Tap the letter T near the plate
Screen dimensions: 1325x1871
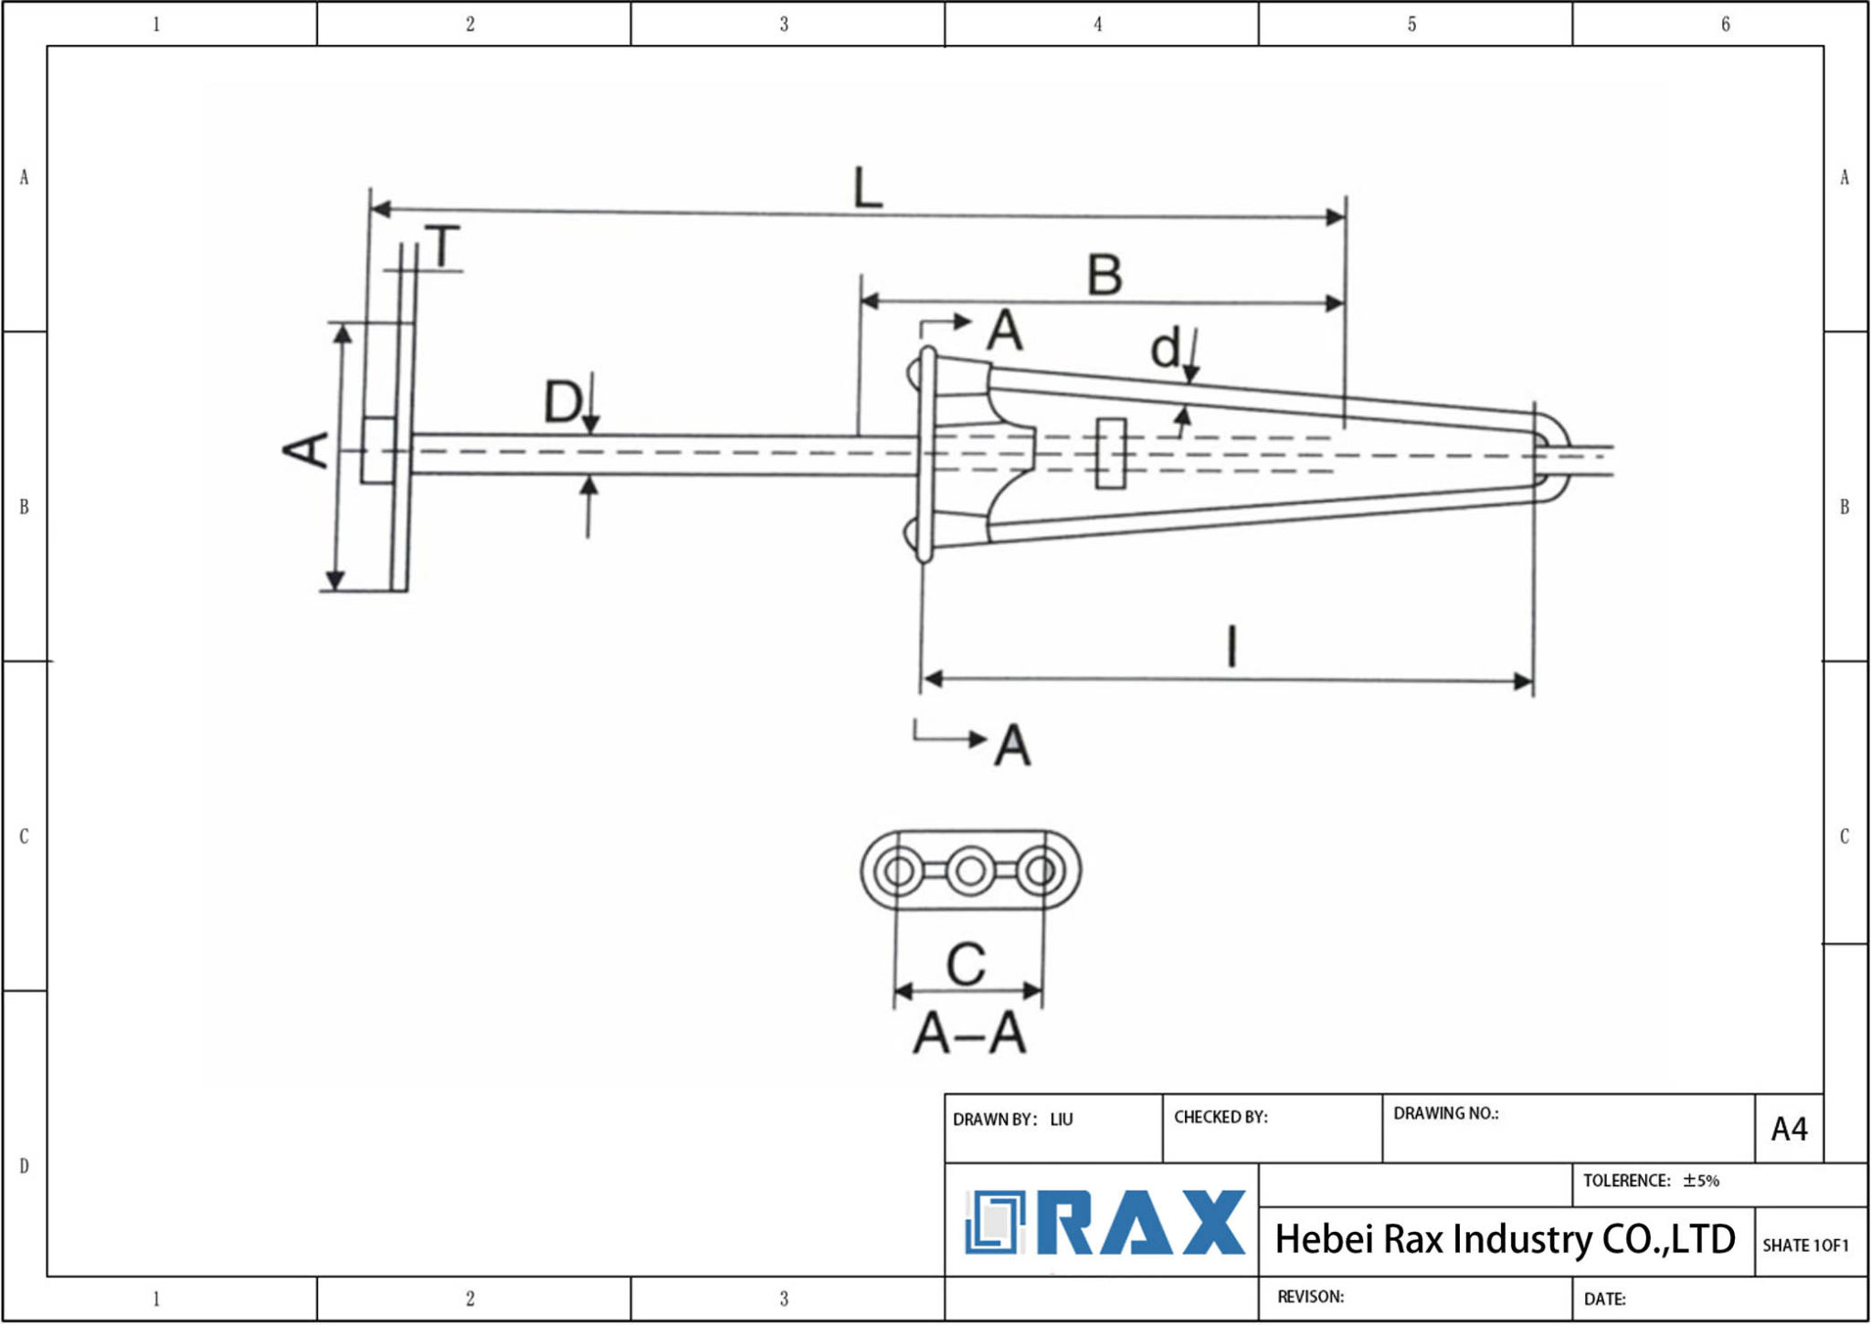pos(443,246)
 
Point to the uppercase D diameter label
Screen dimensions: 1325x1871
pos(562,402)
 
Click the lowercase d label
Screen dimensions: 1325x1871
pos(1165,349)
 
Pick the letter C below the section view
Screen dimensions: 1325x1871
pos(966,964)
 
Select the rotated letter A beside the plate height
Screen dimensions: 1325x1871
pos(306,450)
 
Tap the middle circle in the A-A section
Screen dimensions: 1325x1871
pos(970,870)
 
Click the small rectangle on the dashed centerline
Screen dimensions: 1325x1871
pos(1110,453)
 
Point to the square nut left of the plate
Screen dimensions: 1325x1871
pos(377,450)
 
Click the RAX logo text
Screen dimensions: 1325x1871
pos(1142,1224)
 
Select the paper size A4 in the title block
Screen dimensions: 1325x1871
pos(1789,1130)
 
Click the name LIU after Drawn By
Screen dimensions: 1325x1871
pos(1061,1120)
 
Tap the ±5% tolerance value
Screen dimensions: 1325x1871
pos(1701,1181)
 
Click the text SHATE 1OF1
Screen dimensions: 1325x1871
pos(1805,1246)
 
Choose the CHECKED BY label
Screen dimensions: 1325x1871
pos(1221,1117)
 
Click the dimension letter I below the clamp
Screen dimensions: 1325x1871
pos(1231,647)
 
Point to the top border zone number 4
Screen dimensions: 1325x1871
pos(1098,25)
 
